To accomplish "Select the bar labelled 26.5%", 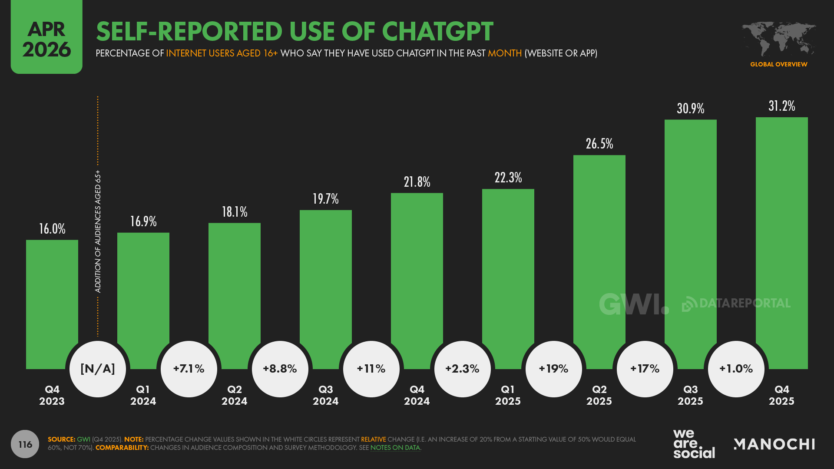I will pos(599,261).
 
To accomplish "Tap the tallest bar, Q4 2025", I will pos(782,243).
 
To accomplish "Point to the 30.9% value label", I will pos(691,108).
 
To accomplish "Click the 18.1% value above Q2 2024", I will pos(235,212).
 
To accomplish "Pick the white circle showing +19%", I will pos(554,369).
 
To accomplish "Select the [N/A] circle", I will pos(98,369).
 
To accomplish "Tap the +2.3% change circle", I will pos(463,369).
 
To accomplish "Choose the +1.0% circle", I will pos(736,369).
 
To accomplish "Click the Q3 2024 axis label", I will pos(326,395).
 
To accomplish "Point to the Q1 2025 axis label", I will pos(508,395).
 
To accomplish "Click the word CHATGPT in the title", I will pos(437,31).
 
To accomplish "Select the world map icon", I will pos(778,39).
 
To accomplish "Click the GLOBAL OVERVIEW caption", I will pos(778,64).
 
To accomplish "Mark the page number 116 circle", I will pos(25,444).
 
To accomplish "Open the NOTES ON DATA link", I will pos(395,448).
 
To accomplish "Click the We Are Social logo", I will pos(694,444).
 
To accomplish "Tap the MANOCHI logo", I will pos(774,444).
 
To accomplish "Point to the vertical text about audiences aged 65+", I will pos(98,231).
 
